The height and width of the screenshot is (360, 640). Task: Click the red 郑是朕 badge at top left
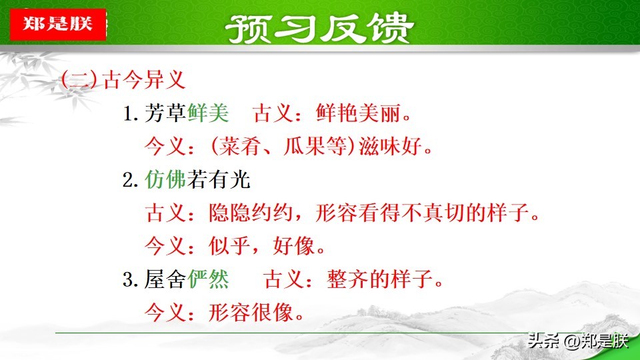point(58,24)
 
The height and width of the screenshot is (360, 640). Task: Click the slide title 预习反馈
point(319,28)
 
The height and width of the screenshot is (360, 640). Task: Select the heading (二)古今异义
point(123,79)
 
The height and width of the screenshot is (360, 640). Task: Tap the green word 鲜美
point(208,113)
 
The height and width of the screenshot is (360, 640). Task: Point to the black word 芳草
point(165,113)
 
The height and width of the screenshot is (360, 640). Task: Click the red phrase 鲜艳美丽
point(358,113)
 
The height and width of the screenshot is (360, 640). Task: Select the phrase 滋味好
point(390,146)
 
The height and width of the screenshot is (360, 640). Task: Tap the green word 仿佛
point(165,179)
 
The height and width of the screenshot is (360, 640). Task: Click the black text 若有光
point(219,179)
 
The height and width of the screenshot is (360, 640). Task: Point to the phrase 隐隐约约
point(251,213)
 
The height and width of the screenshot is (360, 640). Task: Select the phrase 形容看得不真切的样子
point(423,213)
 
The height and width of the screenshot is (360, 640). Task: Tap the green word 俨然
point(208,279)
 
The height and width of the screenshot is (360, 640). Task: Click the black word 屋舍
point(165,279)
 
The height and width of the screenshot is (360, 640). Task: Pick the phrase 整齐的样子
point(379,279)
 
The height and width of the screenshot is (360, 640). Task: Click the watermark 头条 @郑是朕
point(578,341)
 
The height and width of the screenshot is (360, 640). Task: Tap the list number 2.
point(130,180)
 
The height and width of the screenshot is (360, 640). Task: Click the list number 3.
point(130,279)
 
